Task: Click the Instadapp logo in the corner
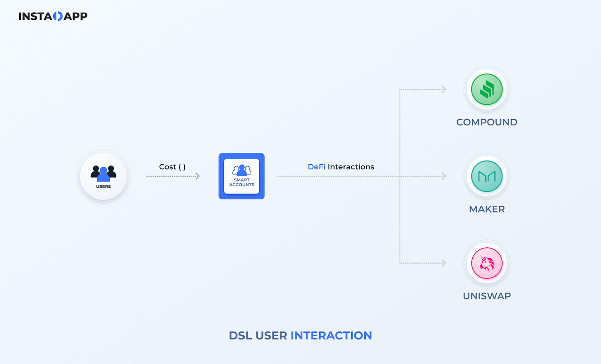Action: coord(53,16)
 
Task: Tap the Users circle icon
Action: coord(103,176)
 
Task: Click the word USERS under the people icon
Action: coord(103,186)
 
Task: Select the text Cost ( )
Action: coord(172,167)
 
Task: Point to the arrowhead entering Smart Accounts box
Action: coord(198,176)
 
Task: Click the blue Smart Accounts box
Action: coord(241,176)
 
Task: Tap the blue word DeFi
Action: coord(316,167)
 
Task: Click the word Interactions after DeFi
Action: coord(351,167)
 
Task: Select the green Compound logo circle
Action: coord(487,89)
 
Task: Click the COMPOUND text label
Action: coord(487,122)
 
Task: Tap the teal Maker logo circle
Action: coord(487,176)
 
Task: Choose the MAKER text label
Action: coord(487,209)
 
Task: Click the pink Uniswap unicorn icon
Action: coord(487,263)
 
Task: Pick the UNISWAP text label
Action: coord(487,296)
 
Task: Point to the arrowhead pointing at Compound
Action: coord(444,89)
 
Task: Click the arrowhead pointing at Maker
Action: coord(444,176)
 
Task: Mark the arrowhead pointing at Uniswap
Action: coord(444,263)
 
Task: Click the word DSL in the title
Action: coord(240,336)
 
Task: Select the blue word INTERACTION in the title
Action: coord(331,336)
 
